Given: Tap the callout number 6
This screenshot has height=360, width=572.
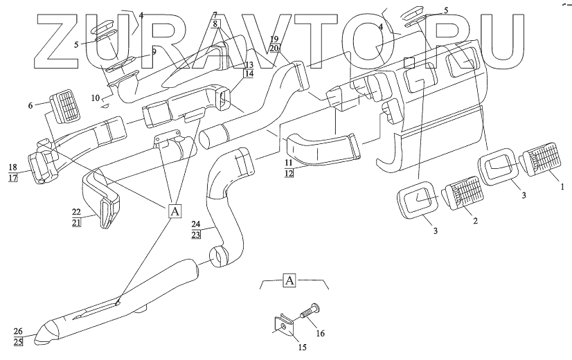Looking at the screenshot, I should point(30,105).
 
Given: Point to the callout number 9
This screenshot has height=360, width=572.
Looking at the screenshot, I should point(153,51).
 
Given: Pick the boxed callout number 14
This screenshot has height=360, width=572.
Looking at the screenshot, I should point(249,73).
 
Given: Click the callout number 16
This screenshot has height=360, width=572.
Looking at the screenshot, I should point(321,333).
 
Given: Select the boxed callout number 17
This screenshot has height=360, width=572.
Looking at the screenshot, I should point(12,177).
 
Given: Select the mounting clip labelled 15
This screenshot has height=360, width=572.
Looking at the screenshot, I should point(282,325).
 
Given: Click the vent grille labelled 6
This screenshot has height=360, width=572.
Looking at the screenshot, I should point(65,107).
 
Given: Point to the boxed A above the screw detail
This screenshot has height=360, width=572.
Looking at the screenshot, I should point(291,280).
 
